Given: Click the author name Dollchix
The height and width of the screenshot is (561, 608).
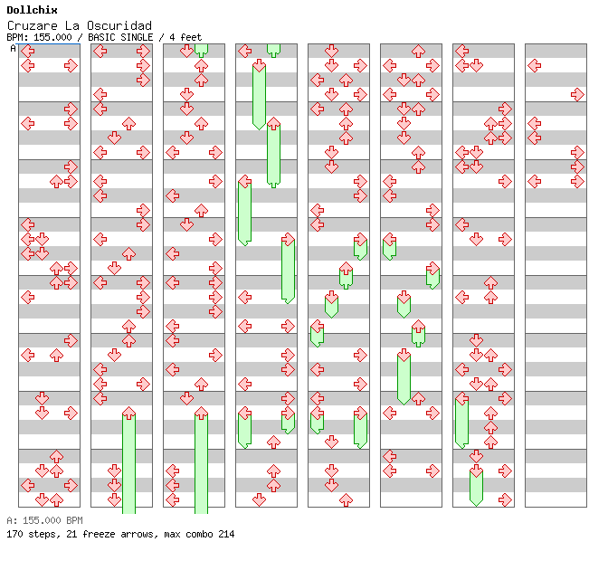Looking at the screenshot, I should tap(31, 11).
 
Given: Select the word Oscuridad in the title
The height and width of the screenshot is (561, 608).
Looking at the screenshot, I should tap(121, 25).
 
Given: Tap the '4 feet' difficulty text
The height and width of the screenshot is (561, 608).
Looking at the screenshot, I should tap(185, 37).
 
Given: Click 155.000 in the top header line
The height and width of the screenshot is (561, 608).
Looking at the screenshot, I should tap(52, 37).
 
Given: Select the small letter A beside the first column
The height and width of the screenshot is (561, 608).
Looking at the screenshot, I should tap(14, 48).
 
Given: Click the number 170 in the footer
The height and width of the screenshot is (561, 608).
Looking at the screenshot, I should tap(14, 534).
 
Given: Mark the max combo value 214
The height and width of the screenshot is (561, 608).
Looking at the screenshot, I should tap(226, 534).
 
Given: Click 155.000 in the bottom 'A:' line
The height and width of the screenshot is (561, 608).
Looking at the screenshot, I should tap(42, 520).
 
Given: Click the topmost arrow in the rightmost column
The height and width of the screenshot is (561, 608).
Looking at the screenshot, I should tap(534, 65).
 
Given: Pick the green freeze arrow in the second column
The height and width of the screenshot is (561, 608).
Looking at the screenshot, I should tap(128, 461).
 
